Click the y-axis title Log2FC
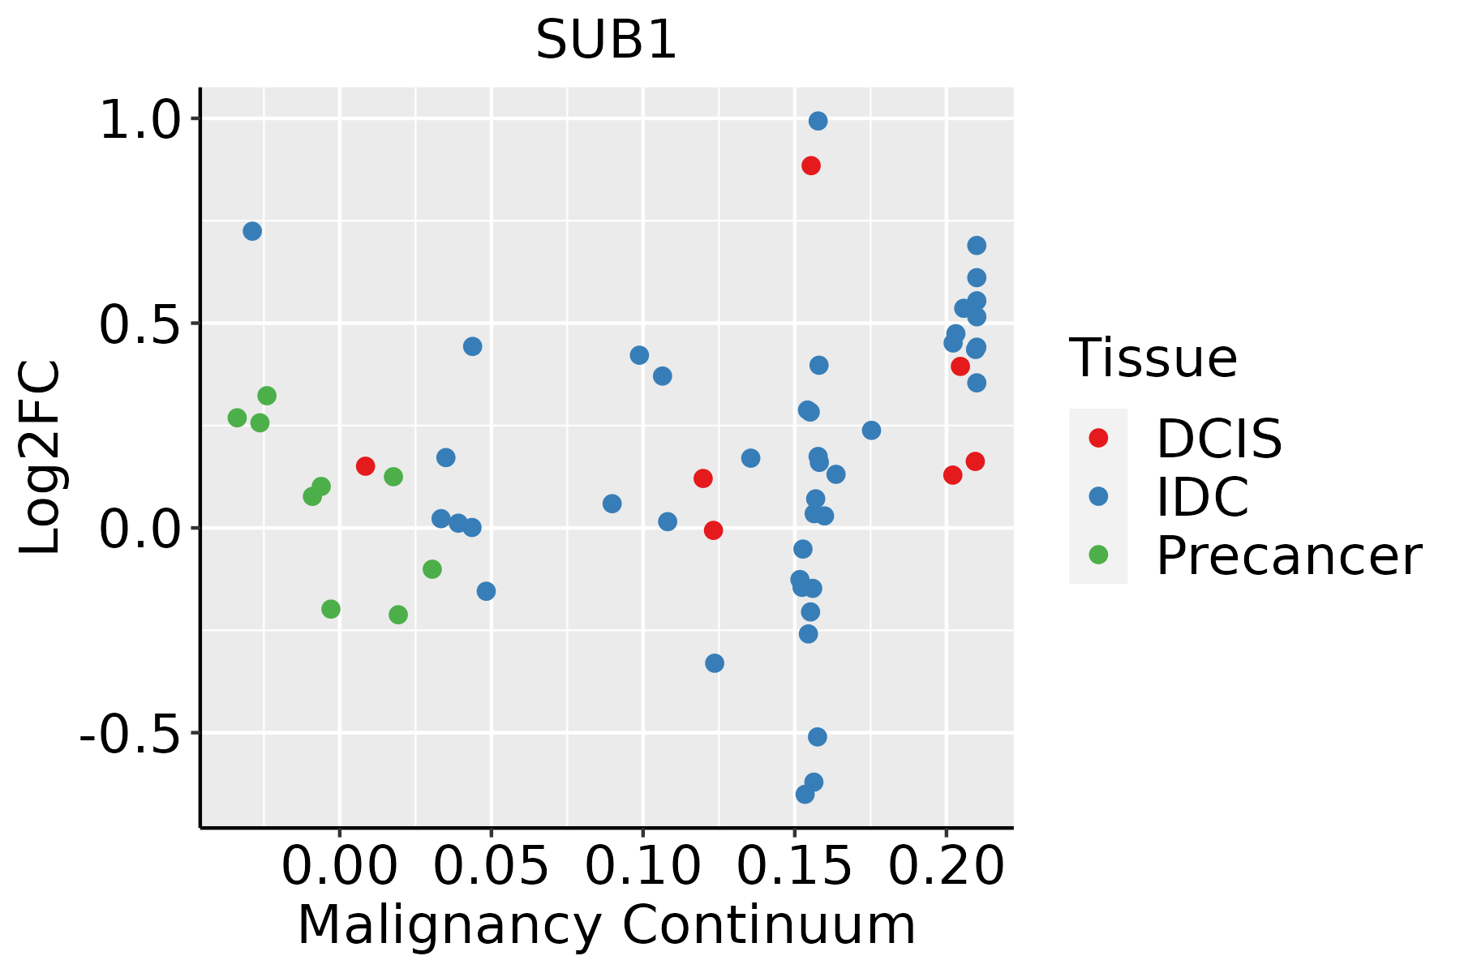[x=41, y=457]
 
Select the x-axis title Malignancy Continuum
[x=606, y=925]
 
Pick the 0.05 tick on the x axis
[x=491, y=866]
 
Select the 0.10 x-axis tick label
[x=642, y=866]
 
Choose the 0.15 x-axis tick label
[x=794, y=866]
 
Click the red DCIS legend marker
[x=1098, y=438]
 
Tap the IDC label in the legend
[x=1202, y=496]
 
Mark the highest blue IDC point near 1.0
[x=818, y=121]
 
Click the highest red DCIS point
[x=810, y=165]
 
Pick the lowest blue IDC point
[x=805, y=794]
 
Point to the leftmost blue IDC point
[x=252, y=231]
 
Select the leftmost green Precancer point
[x=237, y=418]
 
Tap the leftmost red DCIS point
[x=365, y=465]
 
